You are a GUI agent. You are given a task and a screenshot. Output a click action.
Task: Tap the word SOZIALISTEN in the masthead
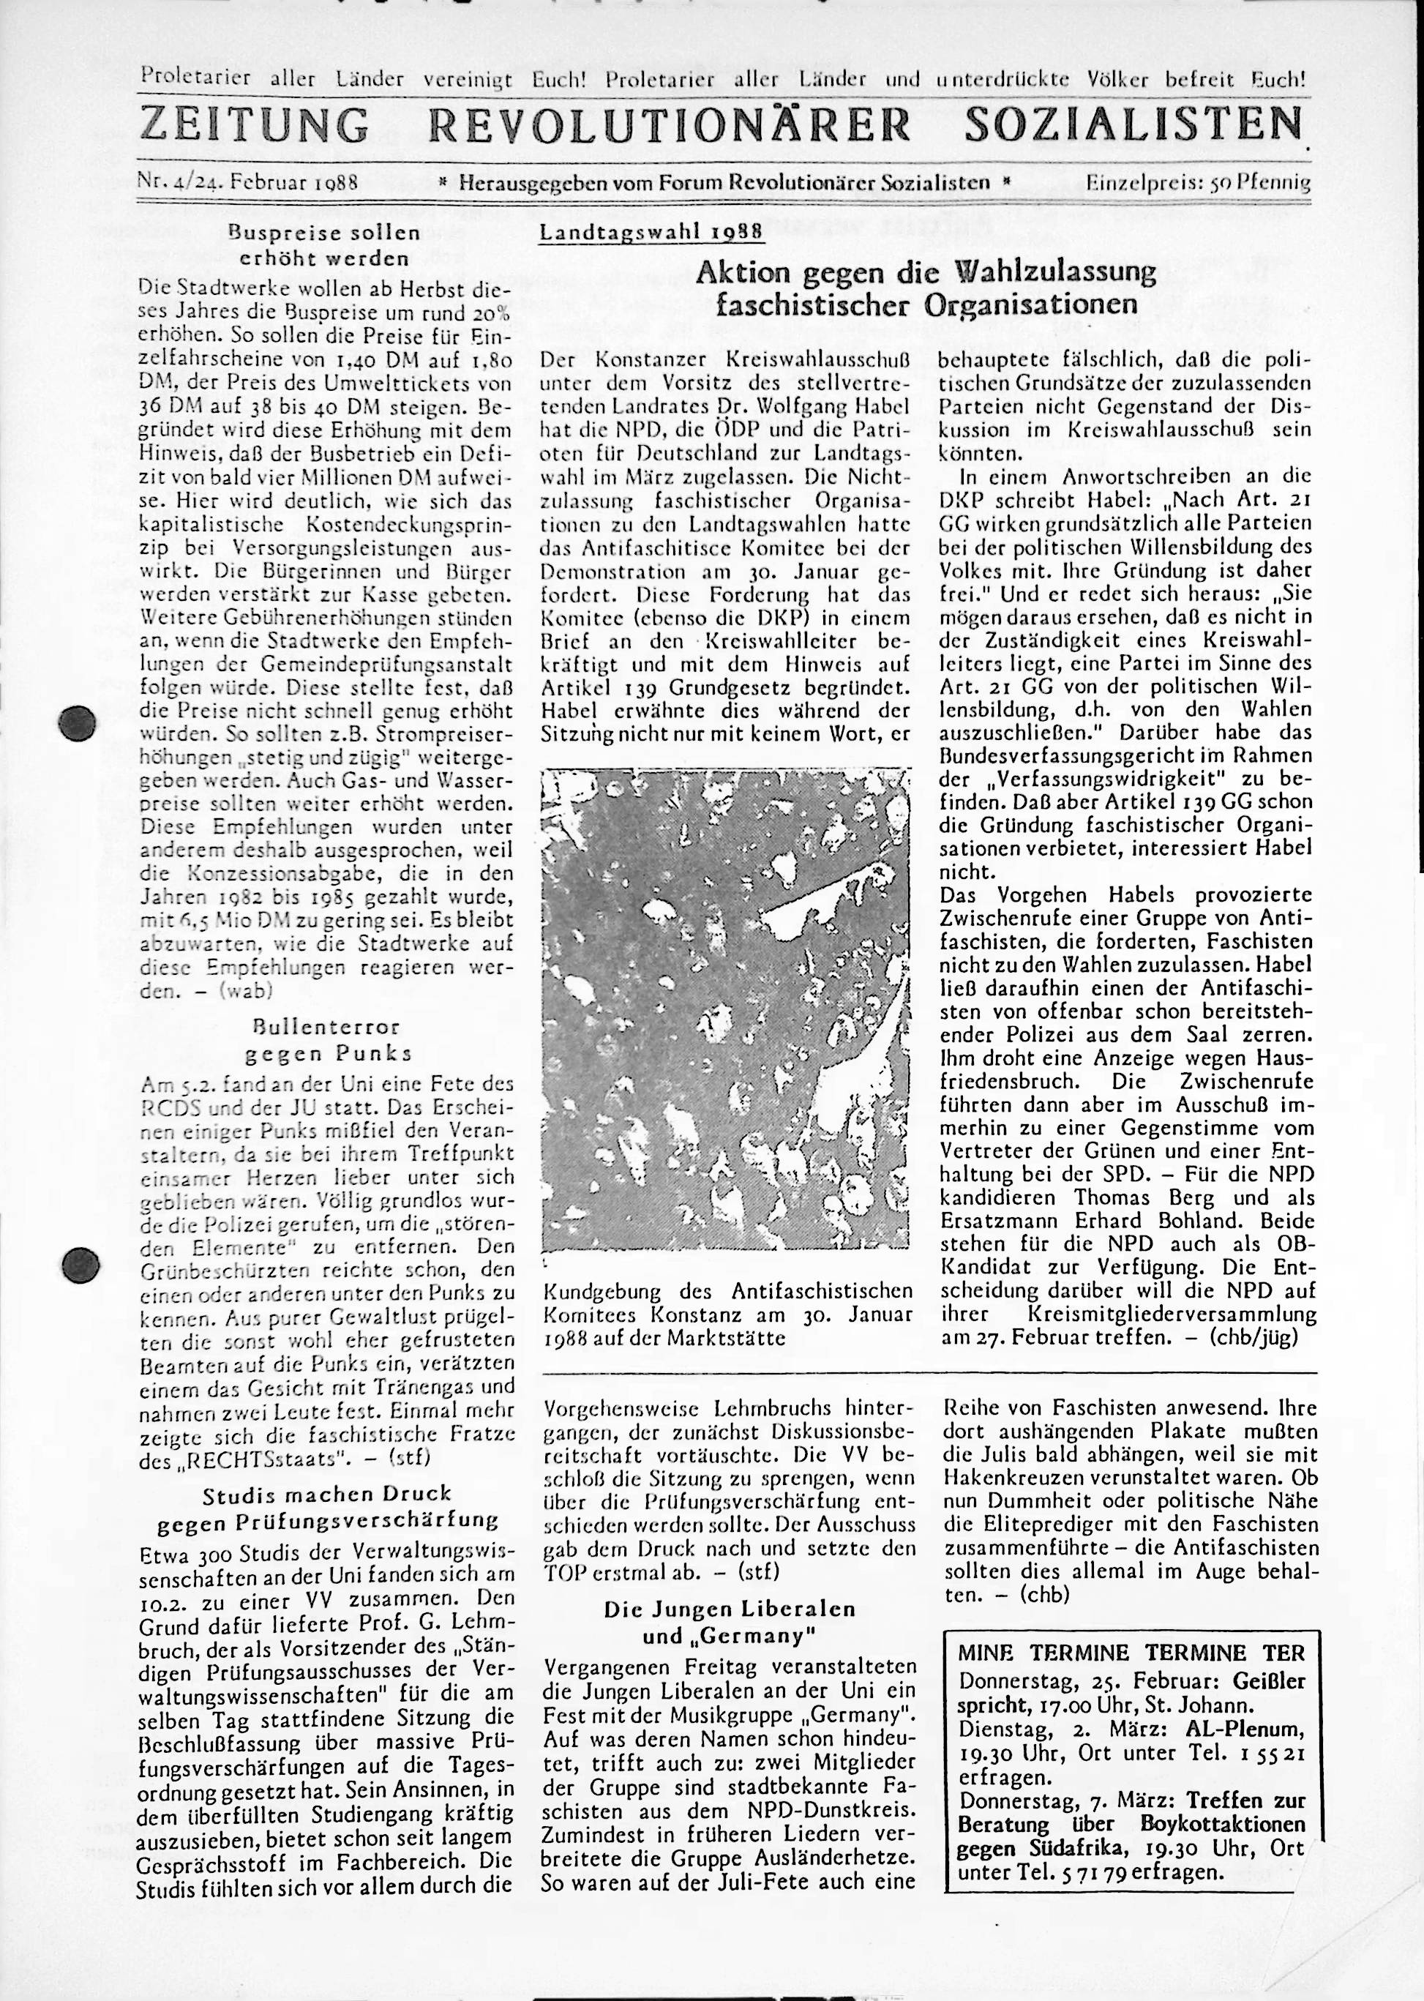[x=1132, y=125]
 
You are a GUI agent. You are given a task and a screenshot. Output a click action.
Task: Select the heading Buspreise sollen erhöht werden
[x=323, y=247]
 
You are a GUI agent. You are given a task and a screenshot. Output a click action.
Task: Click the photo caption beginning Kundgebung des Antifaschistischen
[x=727, y=1314]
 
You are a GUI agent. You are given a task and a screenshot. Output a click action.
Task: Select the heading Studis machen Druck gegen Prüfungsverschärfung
[x=326, y=1506]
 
